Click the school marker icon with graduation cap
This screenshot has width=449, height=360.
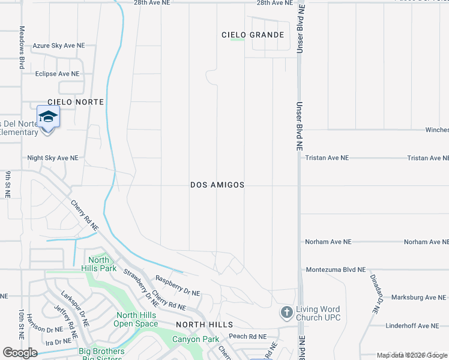click(x=48, y=117)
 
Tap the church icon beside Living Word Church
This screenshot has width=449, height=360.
click(x=286, y=313)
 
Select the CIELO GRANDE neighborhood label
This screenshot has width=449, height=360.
click(x=253, y=35)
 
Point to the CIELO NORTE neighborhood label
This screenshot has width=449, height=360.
click(x=76, y=102)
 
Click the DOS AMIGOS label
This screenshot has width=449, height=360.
click(x=217, y=185)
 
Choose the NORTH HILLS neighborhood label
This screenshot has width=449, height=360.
click(x=204, y=324)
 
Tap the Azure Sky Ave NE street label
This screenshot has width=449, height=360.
click(x=59, y=46)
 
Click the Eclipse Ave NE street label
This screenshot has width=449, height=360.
click(x=57, y=74)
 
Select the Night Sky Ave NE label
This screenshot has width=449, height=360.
click(x=53, y=158)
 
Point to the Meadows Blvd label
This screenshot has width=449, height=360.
click(x=22, y=47)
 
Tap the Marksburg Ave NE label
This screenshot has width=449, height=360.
click(x=418, y=297)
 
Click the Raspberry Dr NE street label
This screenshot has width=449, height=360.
click(x=177, y=285)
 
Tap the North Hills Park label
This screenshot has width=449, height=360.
click(x=99, y=264)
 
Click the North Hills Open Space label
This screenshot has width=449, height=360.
click(x=136, y=320)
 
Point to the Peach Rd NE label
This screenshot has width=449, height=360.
click(x=247, y=337)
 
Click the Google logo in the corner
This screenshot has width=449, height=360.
click(x=20, y=353)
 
